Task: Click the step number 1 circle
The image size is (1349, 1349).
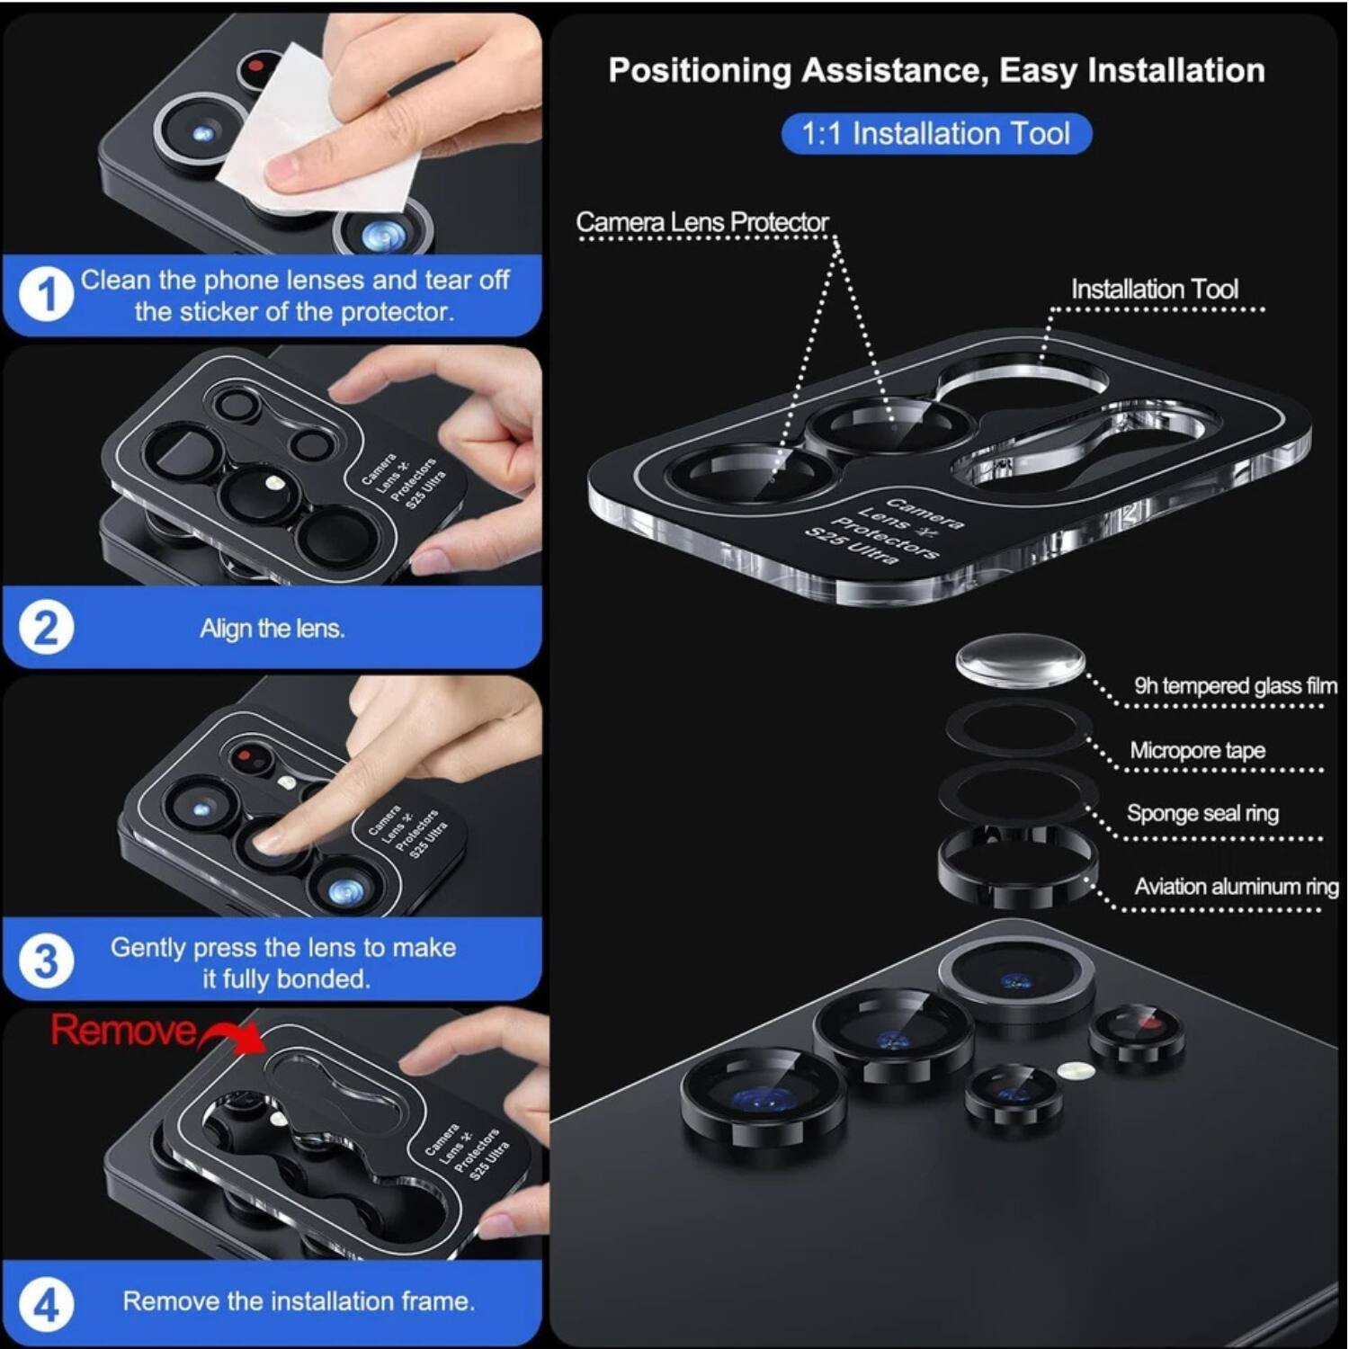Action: point(46,295)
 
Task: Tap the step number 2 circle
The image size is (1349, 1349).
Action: point(46,628)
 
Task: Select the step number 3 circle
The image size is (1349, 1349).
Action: point(46,961)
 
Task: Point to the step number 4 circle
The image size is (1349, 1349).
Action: point(46,1303)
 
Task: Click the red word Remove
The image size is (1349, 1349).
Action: point(123,1031)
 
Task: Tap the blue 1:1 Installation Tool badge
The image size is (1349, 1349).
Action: point(935,134)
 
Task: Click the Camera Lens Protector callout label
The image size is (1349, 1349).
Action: point(701,222)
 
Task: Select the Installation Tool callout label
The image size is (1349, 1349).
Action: point(1154,290)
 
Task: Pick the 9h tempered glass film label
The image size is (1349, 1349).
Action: point(1235,686)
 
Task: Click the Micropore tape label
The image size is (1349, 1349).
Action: point(1197,750)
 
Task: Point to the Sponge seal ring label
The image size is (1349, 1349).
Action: point(1202,813)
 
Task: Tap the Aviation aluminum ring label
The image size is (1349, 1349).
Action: point(1236,887)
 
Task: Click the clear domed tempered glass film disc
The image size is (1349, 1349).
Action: point(1020,659)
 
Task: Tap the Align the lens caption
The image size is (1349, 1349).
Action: point(272,628)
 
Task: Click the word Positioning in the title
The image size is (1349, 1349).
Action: point(699,70)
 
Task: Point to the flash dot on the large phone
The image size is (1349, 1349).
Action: point(1075,1070)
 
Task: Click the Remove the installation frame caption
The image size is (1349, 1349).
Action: point(299,1301)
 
